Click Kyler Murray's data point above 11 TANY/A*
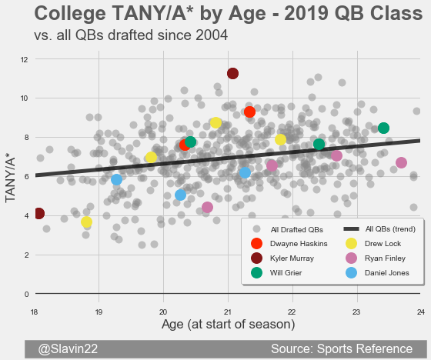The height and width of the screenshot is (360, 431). point(232,73)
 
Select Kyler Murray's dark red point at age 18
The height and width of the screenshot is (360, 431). point(38,213)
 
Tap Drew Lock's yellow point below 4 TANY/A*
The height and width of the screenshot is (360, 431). point(86,222)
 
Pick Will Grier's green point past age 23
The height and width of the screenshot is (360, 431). point(383,128)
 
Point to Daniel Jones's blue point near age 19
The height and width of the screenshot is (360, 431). point(116,179)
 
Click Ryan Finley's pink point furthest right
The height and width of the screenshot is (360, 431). point(401,162)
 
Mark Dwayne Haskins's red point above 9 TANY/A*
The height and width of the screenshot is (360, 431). point(249,112)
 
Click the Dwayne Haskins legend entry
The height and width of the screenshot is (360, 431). point(289,244)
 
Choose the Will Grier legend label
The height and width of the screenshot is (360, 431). point(286,273)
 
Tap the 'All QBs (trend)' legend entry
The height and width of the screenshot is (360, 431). point(379,229)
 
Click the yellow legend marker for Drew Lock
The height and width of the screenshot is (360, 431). point(351,244)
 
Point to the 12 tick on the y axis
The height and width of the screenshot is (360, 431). point(24,59)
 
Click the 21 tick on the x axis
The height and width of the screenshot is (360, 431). point(228,312)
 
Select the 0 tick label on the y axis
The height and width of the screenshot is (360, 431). point(26,294)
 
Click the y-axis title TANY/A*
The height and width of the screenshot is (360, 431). point(11,180)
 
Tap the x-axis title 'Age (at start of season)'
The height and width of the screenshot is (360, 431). point(228,325)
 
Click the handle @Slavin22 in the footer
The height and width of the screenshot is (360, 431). point(68,348)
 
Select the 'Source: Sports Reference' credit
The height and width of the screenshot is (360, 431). point(342,348)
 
